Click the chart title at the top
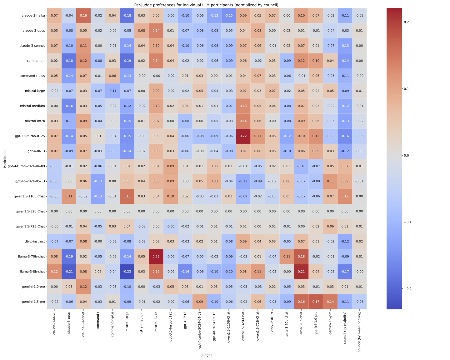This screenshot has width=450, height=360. point(207,5)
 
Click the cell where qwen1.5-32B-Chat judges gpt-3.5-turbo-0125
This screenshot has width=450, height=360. point(243,136)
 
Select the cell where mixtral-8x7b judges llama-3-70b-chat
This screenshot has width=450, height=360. point(156,257)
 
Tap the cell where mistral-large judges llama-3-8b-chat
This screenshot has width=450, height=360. point(127,272)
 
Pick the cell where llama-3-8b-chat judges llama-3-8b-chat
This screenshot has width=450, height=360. point(301,272)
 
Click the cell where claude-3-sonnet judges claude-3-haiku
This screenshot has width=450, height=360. point(83,15)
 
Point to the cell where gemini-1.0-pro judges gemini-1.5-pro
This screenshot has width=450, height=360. point(316,302)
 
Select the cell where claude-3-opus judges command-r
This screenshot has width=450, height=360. point(69,61)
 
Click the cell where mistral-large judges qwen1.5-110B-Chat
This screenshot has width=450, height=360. point(127,196)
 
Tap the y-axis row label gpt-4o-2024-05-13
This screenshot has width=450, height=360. point(30,181)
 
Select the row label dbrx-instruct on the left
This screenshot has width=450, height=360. point(35,242)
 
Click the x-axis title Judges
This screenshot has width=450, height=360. point(207,355)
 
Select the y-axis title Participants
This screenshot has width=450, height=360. point(5,158)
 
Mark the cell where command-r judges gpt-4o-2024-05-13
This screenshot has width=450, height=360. point(98,181)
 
